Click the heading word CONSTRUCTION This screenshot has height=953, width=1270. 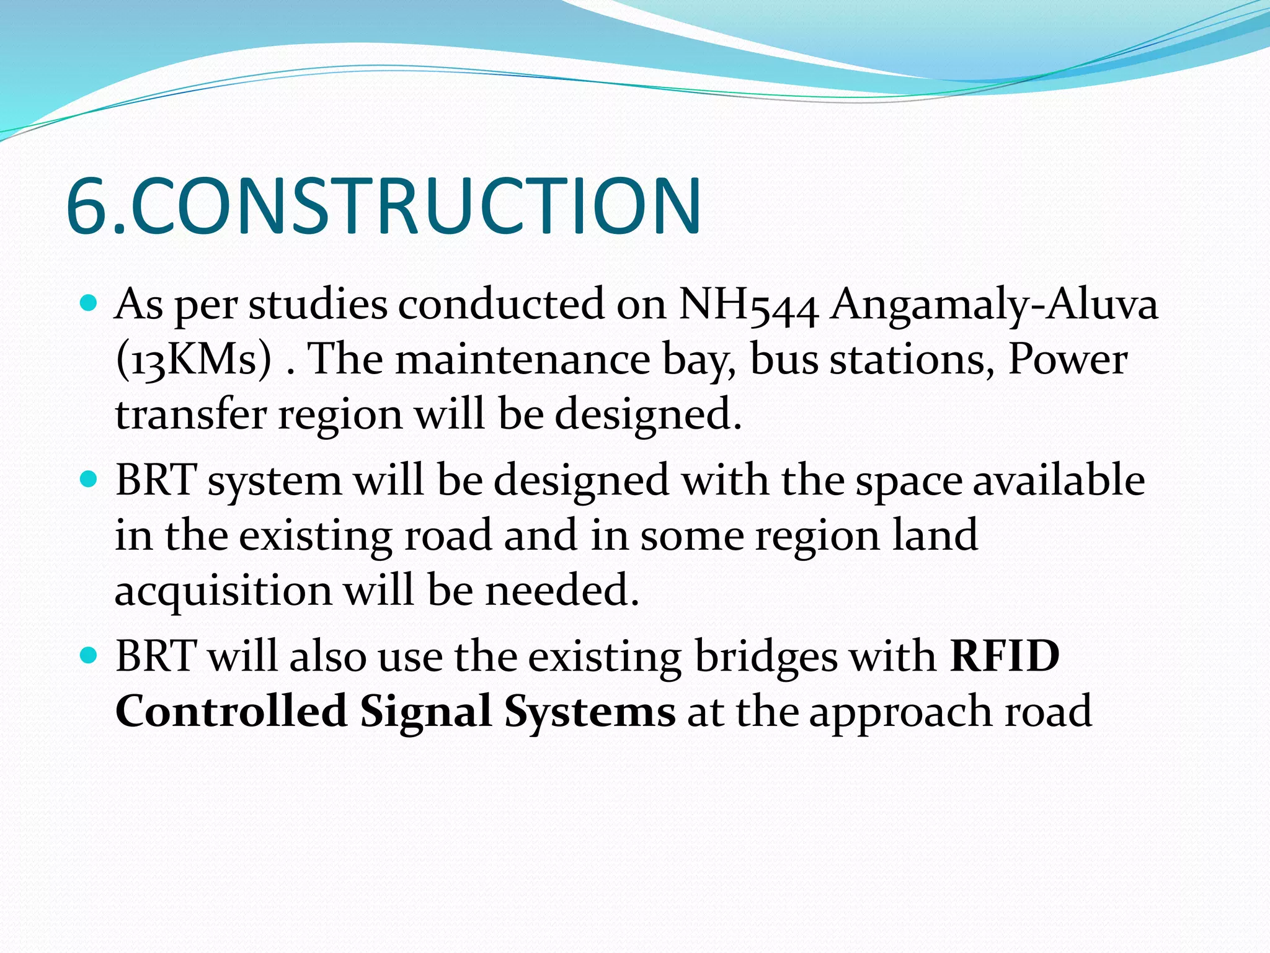tap(415, 206)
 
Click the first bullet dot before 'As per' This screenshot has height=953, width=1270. tap(89, 303)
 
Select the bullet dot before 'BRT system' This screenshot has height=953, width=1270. tap(89, 480)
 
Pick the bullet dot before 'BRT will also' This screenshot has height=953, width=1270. tap(89, 655)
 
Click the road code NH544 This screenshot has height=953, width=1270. tap(748, 305)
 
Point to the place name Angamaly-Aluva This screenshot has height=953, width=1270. tap(993, 306)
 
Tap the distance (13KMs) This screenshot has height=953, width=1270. tap(194, 360)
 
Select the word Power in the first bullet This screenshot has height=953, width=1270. tap(1067, 360)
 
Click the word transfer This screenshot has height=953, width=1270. tap(191, 414)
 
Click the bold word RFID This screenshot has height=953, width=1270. tap(1005, 656)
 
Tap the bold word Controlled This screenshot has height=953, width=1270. tap(231, 711)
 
